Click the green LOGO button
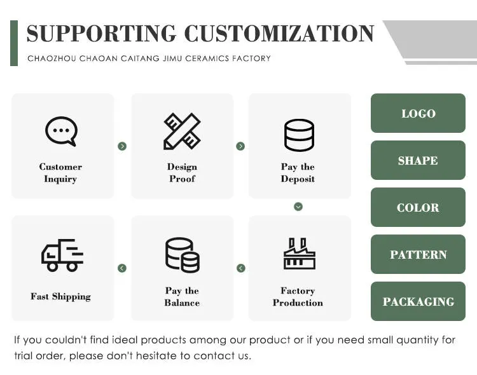[418, 114]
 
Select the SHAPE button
[418, 161]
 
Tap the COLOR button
[418, 208]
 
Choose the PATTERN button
[418, 255]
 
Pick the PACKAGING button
[418, 302]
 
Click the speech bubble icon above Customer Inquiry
[61, 132]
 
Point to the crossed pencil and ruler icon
[182, 132]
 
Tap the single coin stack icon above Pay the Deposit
[298, 135]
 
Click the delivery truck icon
[62, 255]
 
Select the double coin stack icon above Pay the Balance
[182, 255]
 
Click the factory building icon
[298, 254]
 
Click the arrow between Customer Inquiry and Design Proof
[122, 146]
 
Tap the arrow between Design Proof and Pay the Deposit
[240, 146]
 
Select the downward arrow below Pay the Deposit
[298, 207]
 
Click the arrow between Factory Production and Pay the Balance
[240, 268]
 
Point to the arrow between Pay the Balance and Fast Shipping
[122, 268]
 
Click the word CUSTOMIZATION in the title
[279, 33]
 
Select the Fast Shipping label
[60, 296]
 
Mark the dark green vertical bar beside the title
[14, 43]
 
